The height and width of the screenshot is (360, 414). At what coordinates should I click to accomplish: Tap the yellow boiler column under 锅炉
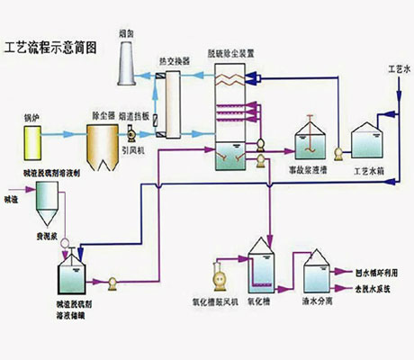coord(35,140)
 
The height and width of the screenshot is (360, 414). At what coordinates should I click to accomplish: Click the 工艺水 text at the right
coord(397,68)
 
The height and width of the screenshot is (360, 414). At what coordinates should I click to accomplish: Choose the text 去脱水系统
coord(375,288)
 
